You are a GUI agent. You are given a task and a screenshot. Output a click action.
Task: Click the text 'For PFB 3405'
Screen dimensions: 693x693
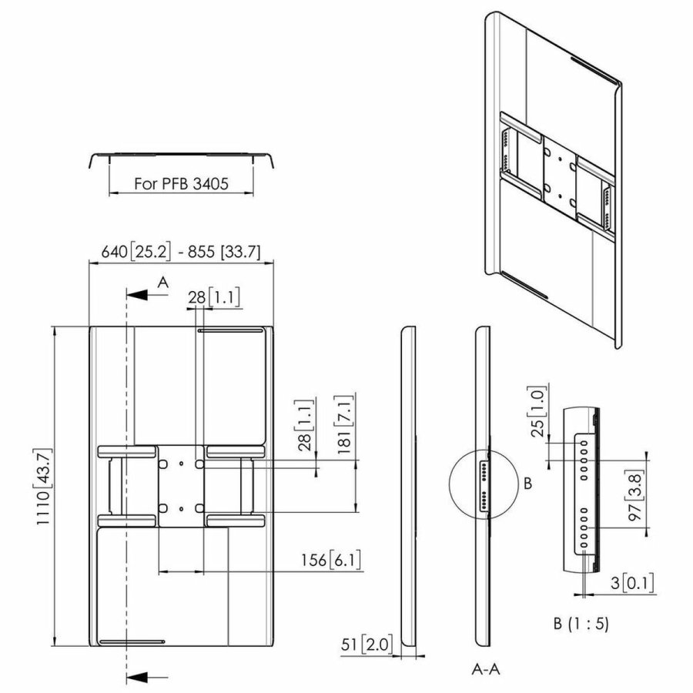coord(182,185)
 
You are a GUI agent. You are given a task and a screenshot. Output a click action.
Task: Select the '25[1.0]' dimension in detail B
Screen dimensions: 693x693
coord(540,416)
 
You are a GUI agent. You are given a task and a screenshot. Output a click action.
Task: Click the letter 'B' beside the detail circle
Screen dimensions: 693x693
coord(527,484)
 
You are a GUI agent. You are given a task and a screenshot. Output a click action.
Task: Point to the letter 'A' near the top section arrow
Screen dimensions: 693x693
coord(162,283)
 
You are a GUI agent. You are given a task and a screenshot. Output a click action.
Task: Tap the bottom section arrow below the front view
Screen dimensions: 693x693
coord(139,676)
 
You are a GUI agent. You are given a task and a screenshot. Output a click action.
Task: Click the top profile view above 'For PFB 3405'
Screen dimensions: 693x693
coord(182,159)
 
